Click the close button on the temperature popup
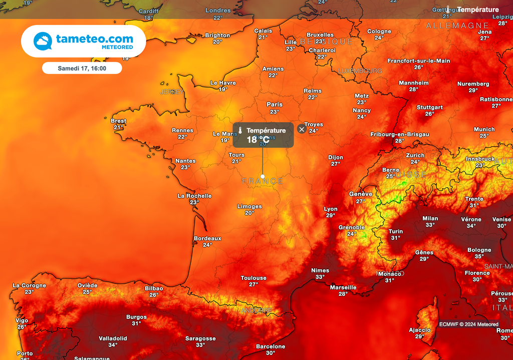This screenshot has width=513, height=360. pyautogui.click(x=302, y=129)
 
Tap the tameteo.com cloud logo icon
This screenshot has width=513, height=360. pyautogui.click(x=43, y=41)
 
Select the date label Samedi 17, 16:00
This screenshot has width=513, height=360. pyautogui.click(x=82, y=68)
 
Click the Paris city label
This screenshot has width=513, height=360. pyautogui.click(x=275, y=105)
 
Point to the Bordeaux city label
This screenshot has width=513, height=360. pyautogui.click(x=207, y=238)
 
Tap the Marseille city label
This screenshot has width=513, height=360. pyautogui.click(x=343, y=287)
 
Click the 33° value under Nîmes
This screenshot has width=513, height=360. pyautogui.click(x=320, y=277)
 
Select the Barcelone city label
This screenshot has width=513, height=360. pyautogui.click(x=271, y=346)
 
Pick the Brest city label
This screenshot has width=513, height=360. pyautogui.click(x=119, y=121)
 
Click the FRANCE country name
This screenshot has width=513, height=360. pyautogui.click(x=263, y=181)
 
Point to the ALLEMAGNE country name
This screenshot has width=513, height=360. pyautogui.click(x=457, y=26)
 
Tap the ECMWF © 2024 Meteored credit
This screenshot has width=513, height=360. pyautogui.click(x=469, y=324)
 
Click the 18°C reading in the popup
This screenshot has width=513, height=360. pyautogui.click(x=258, y=140)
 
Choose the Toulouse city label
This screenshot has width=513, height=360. pyautogui.click(x=253, y=278)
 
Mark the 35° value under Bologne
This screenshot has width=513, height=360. pyautogui.click(x=479, y=256)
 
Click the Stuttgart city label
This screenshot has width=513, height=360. pyautogui.click(x=430, y=107)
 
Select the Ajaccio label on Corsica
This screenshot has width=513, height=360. pyautogui.click(x=420, y=330)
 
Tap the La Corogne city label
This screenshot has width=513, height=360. pyautogui.click(x=29, y=285)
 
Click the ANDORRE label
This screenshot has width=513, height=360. pyautogui.click(x=256, y=310)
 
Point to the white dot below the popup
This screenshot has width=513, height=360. pyautogui.click(x=263, y=176)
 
